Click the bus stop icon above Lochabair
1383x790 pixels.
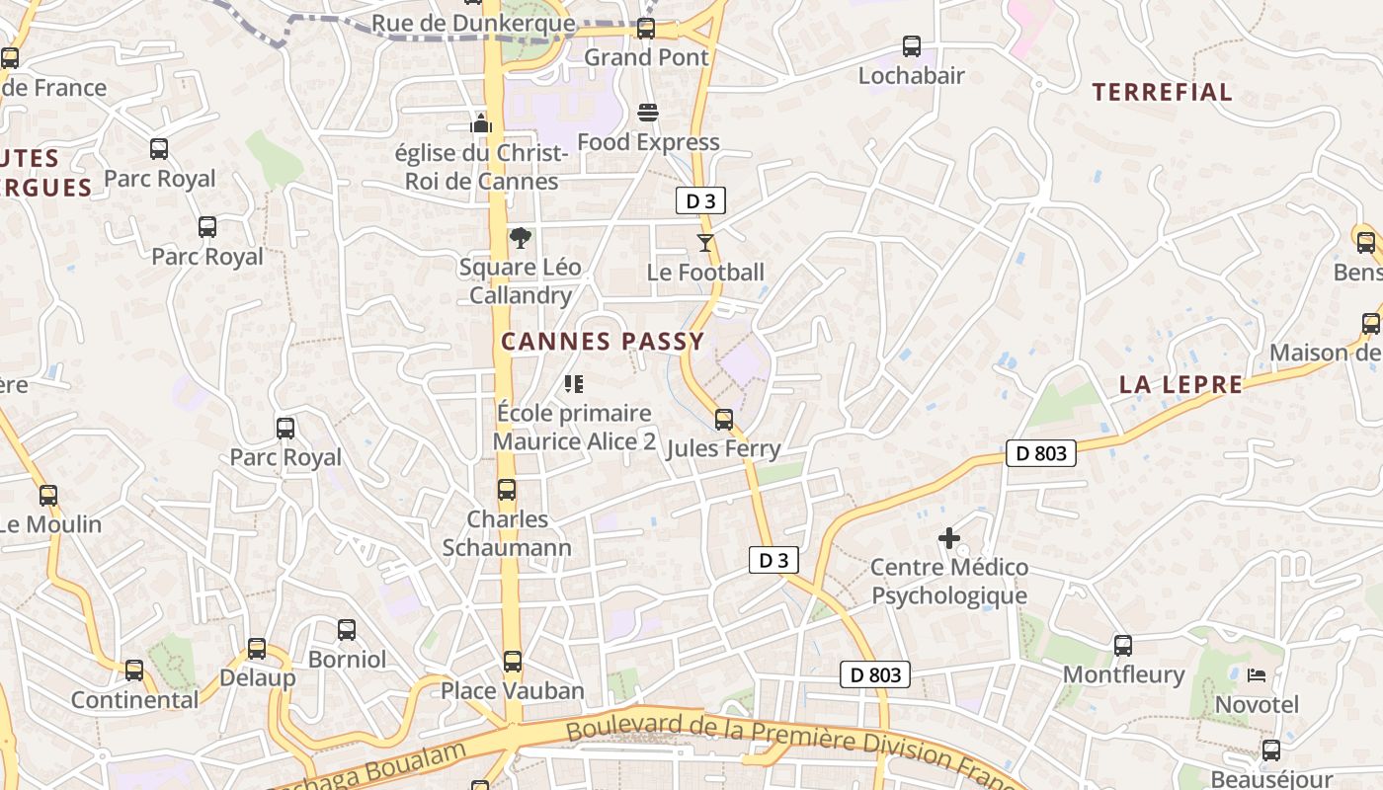(911, 46)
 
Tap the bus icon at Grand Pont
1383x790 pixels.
(646, 29)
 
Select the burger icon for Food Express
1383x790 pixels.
(648, 114)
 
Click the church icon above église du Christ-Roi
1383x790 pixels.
(481, 123)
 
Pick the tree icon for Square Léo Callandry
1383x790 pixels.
(520, 238)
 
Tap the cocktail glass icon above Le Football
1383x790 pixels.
(704, 243)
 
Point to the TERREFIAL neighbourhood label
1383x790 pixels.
(1162, 93)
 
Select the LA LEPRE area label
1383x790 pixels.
(1180, 384)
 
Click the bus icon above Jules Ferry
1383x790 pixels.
(724, 420)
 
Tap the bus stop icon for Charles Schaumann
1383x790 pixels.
(507, 490)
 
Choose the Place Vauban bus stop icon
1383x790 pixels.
(512, 662)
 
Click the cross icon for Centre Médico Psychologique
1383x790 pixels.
(949, 538)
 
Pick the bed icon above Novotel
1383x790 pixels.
(1257, 675)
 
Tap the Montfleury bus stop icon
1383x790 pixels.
(1123, 646)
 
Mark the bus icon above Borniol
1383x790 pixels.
(347, 630)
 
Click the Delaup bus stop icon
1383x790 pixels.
(257, 649)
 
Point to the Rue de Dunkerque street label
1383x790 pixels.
(473, 23)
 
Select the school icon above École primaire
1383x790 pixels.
(573, 384)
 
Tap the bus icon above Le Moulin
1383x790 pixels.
(48, 496)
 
